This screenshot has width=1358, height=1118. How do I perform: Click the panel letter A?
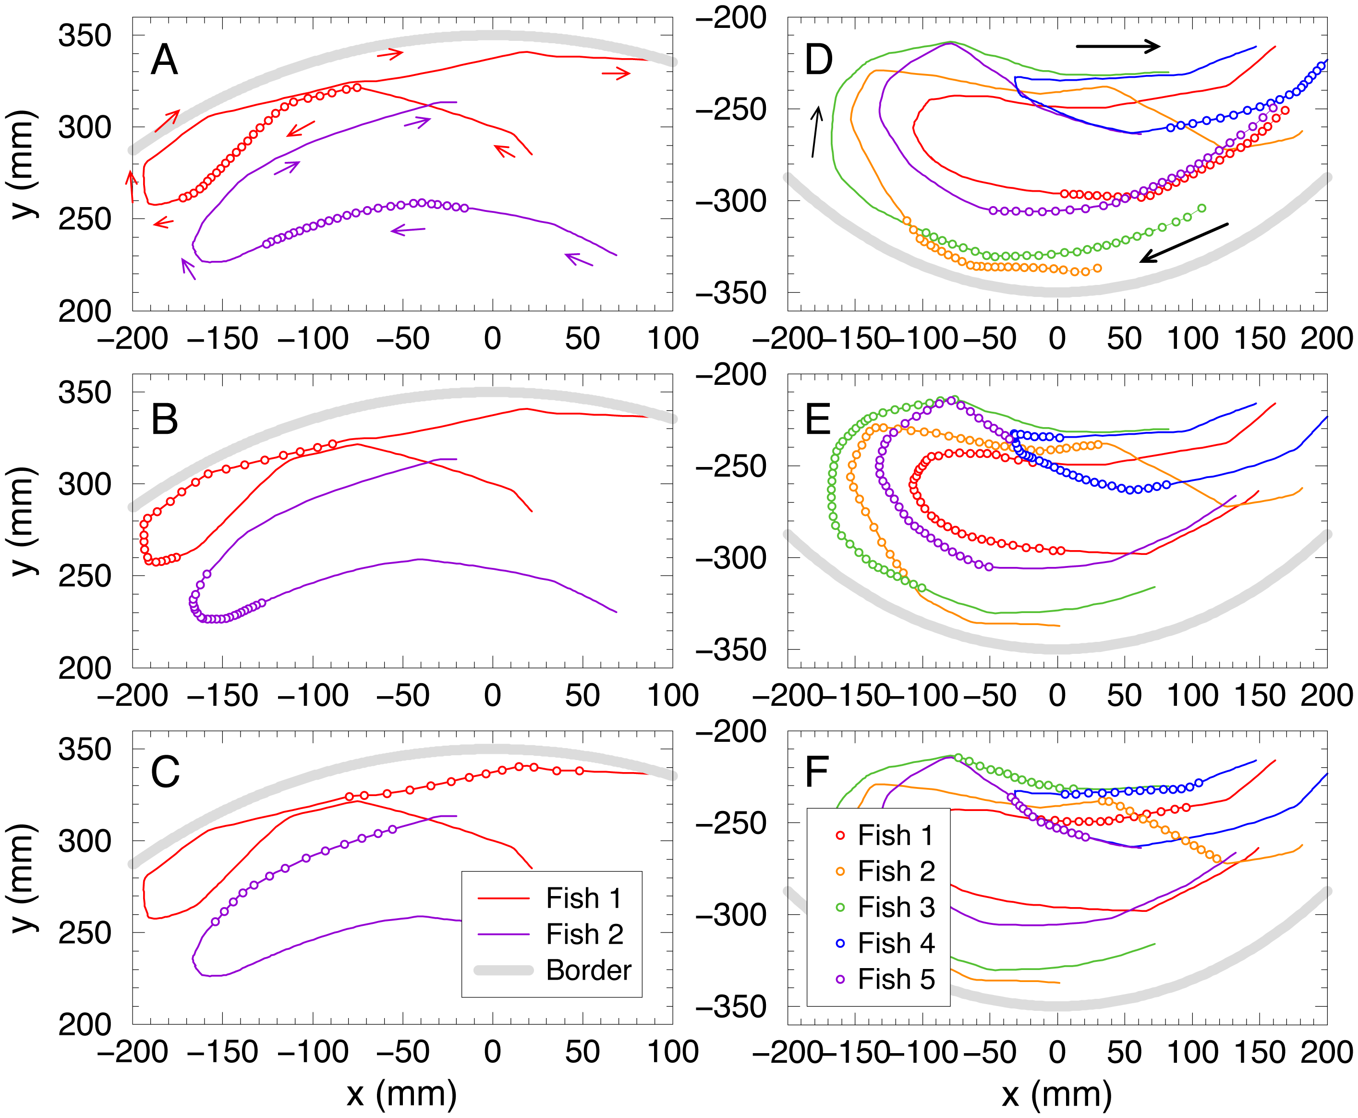[164, 61]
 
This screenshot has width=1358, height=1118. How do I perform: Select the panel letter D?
[819, 61]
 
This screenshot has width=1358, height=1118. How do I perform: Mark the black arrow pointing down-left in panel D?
[1184, 242]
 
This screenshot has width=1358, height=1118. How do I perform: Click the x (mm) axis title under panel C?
[401, 1093]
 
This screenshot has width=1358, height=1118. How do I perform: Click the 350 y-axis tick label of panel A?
[85, 36]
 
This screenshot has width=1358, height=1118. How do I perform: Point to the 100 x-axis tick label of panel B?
[673, 696]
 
